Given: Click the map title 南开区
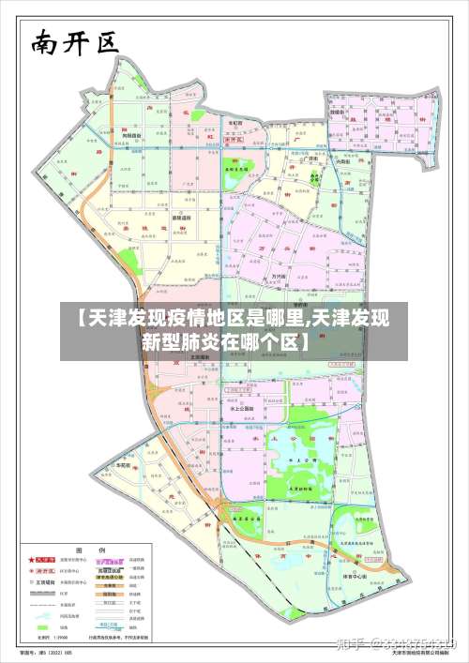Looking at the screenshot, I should tap(73, 43).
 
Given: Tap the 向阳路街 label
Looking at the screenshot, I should tap(130, 136).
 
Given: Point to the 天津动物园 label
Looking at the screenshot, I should tap(300, 489).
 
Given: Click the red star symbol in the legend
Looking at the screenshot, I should tap(30, 560).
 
